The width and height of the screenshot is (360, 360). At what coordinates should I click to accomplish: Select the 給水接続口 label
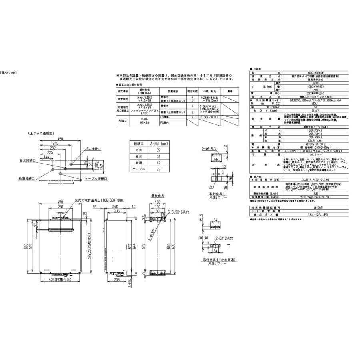(x=27, y=160)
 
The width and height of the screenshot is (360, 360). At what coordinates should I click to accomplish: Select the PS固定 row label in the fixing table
(x=122, y=120)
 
